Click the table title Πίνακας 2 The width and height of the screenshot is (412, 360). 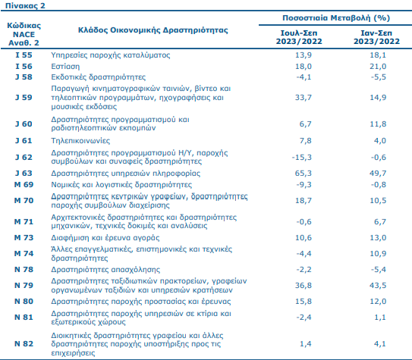pos(25,5)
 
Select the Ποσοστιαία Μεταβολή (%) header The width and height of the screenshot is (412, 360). pos(336,18)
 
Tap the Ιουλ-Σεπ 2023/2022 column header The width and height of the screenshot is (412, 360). pos(299,37)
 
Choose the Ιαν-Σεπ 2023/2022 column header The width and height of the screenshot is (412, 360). pos(376,37)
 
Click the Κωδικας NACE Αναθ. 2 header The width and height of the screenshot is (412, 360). pos(24,34)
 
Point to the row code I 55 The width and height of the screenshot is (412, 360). pos(24,55)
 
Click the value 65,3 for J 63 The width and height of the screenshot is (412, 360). pos(303,173)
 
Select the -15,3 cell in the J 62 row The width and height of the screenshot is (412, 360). pos(302,157)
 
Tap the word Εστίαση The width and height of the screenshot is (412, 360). pos(65,67)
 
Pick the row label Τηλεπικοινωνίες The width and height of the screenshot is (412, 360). pos(80,141)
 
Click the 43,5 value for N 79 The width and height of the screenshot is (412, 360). pos(378,285)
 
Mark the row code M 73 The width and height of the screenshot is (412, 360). pos(24,237)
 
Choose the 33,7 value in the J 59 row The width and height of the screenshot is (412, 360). pos(303,97)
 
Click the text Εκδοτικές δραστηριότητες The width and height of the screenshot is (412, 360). pos(99,77)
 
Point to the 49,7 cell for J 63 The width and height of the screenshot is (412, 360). pos(378,173)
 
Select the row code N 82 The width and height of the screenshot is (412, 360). pos(24,343)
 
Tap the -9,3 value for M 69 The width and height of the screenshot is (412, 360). pos(303,184)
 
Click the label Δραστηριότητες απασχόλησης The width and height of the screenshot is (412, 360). pos(105,270)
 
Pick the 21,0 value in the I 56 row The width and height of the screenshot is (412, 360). pos(378,67)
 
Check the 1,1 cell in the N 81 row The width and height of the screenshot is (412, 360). pos(380,317)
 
